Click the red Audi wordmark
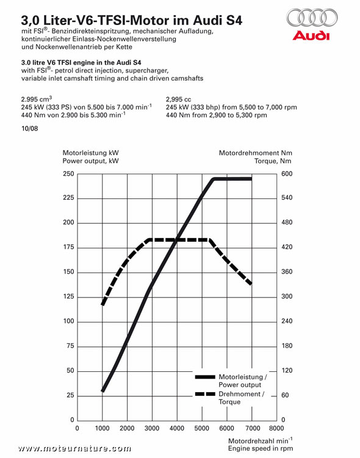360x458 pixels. [x=311, y=35]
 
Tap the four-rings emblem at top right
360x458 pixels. [x=312, y=18]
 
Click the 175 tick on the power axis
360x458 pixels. [x=68, y=247]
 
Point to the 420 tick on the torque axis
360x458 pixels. [x=287, y=247]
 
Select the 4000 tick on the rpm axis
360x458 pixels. [x=177, y=428]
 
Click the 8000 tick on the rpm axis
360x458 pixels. [x=276, y=428]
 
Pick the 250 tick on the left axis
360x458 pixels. [x=68, y=174]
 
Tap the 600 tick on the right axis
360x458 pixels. [x=287, y=174]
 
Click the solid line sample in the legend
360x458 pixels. [x=205, y=377]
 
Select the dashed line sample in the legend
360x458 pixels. [x=205, y=394]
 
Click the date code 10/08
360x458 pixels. [x=30, y=128]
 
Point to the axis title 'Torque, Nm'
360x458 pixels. [x=273, y=161]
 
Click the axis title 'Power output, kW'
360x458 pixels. [x=90, y=161]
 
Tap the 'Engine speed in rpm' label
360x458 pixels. [x=261, y=448]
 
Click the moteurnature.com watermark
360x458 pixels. [x=74, y=448]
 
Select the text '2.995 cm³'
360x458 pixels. [x=37, y=99]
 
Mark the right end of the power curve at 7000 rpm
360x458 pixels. [x=251, y=179]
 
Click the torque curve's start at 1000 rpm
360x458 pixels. [x=103, y=304]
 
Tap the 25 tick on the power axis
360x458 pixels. [x=70, y=395]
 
